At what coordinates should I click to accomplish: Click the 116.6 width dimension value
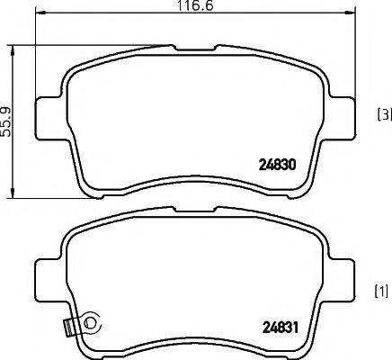(190, 5)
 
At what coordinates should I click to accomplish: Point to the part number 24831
(276, 328)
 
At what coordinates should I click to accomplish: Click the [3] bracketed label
(383, 113)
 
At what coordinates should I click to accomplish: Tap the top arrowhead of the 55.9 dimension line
(13, 46)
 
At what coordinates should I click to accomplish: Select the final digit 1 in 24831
(291, 328)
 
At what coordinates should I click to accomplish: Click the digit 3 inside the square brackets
(384, 113)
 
